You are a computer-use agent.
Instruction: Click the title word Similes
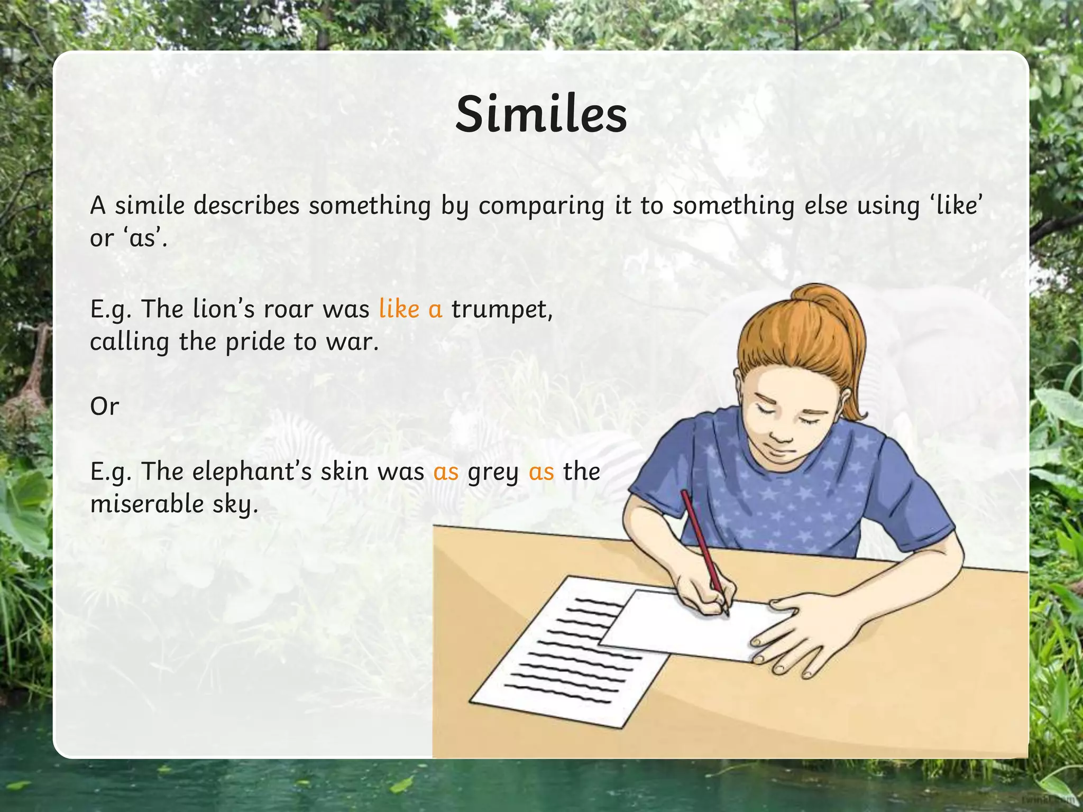coord(541,114)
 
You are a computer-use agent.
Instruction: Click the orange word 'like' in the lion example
coord(399,309)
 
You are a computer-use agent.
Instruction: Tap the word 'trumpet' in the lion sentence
coord(501,310)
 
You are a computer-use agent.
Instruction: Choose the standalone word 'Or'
coord(104,407)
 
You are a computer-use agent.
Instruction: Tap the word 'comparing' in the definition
coord(541,206)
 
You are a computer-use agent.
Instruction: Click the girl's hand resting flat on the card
coord(793,629)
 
